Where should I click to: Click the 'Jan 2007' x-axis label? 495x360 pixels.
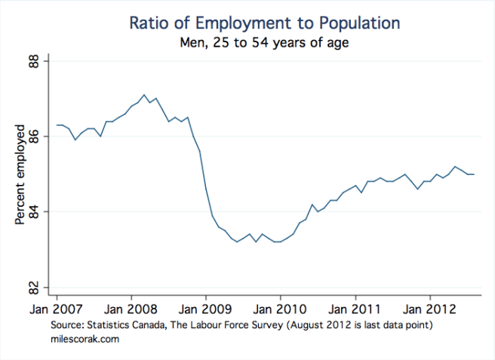click(57, 309)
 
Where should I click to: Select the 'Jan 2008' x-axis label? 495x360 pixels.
click(131, 309)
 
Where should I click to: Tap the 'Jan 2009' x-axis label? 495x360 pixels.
click(206, 309)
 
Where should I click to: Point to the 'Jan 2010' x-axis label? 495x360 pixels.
click(281, 309)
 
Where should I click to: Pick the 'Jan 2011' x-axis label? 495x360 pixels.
click(355, 309)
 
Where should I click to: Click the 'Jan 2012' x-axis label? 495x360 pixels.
click(430, 309)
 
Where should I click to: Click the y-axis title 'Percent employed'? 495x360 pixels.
click(20, 174)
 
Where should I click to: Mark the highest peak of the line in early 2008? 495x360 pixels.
click(143, 95)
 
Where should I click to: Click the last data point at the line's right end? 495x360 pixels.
click(474, 174)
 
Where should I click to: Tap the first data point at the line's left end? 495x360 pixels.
click(57, 125)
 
